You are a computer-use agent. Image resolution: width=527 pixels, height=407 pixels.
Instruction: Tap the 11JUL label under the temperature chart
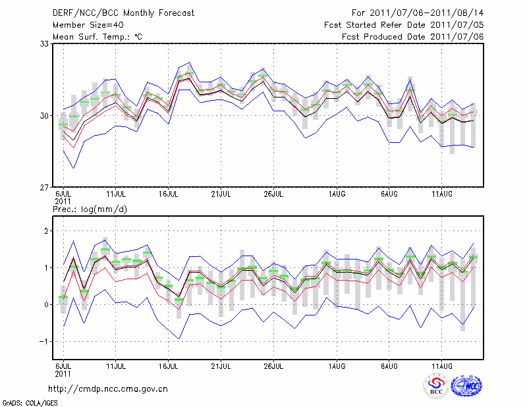[x=116, y=194]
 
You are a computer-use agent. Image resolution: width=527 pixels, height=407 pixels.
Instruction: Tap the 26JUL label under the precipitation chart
[x=273, y=365]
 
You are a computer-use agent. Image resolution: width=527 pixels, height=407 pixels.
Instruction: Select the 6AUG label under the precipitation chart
[x=389, y=365]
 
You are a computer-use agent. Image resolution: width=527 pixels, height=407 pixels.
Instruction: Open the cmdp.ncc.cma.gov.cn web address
[x=109, y=389]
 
